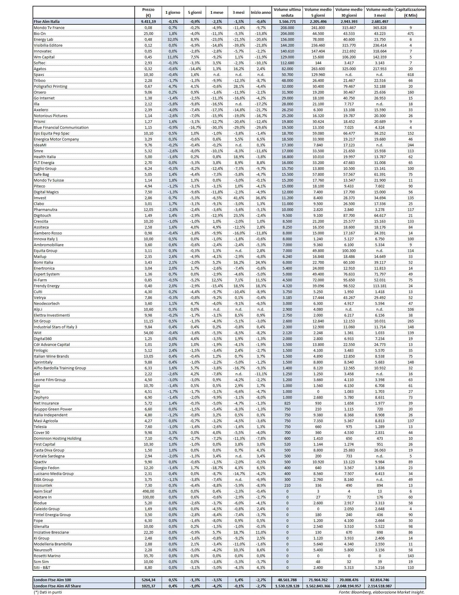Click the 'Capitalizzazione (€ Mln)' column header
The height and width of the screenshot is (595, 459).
410,12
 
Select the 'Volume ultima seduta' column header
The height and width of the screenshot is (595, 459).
287,12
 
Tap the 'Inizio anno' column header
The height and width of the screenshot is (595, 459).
261,13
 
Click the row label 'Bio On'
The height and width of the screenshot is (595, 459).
40,33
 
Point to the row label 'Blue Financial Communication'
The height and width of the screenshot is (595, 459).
61,127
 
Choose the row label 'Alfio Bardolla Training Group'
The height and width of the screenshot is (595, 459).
60,368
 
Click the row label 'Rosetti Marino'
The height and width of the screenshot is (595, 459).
47,556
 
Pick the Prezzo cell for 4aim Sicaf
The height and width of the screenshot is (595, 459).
148,491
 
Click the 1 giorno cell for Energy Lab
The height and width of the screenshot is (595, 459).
173,39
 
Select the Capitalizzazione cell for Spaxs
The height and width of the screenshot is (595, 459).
410,75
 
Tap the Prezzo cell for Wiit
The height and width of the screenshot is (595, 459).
148,333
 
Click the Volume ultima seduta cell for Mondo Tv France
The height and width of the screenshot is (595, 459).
287,28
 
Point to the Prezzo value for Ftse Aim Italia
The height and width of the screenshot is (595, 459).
148,21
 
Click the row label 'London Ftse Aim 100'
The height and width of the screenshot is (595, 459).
52,580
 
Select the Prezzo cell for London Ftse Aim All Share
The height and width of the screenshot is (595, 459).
148,586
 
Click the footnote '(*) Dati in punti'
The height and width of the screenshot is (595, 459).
48,592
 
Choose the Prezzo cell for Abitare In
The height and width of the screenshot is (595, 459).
148,497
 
